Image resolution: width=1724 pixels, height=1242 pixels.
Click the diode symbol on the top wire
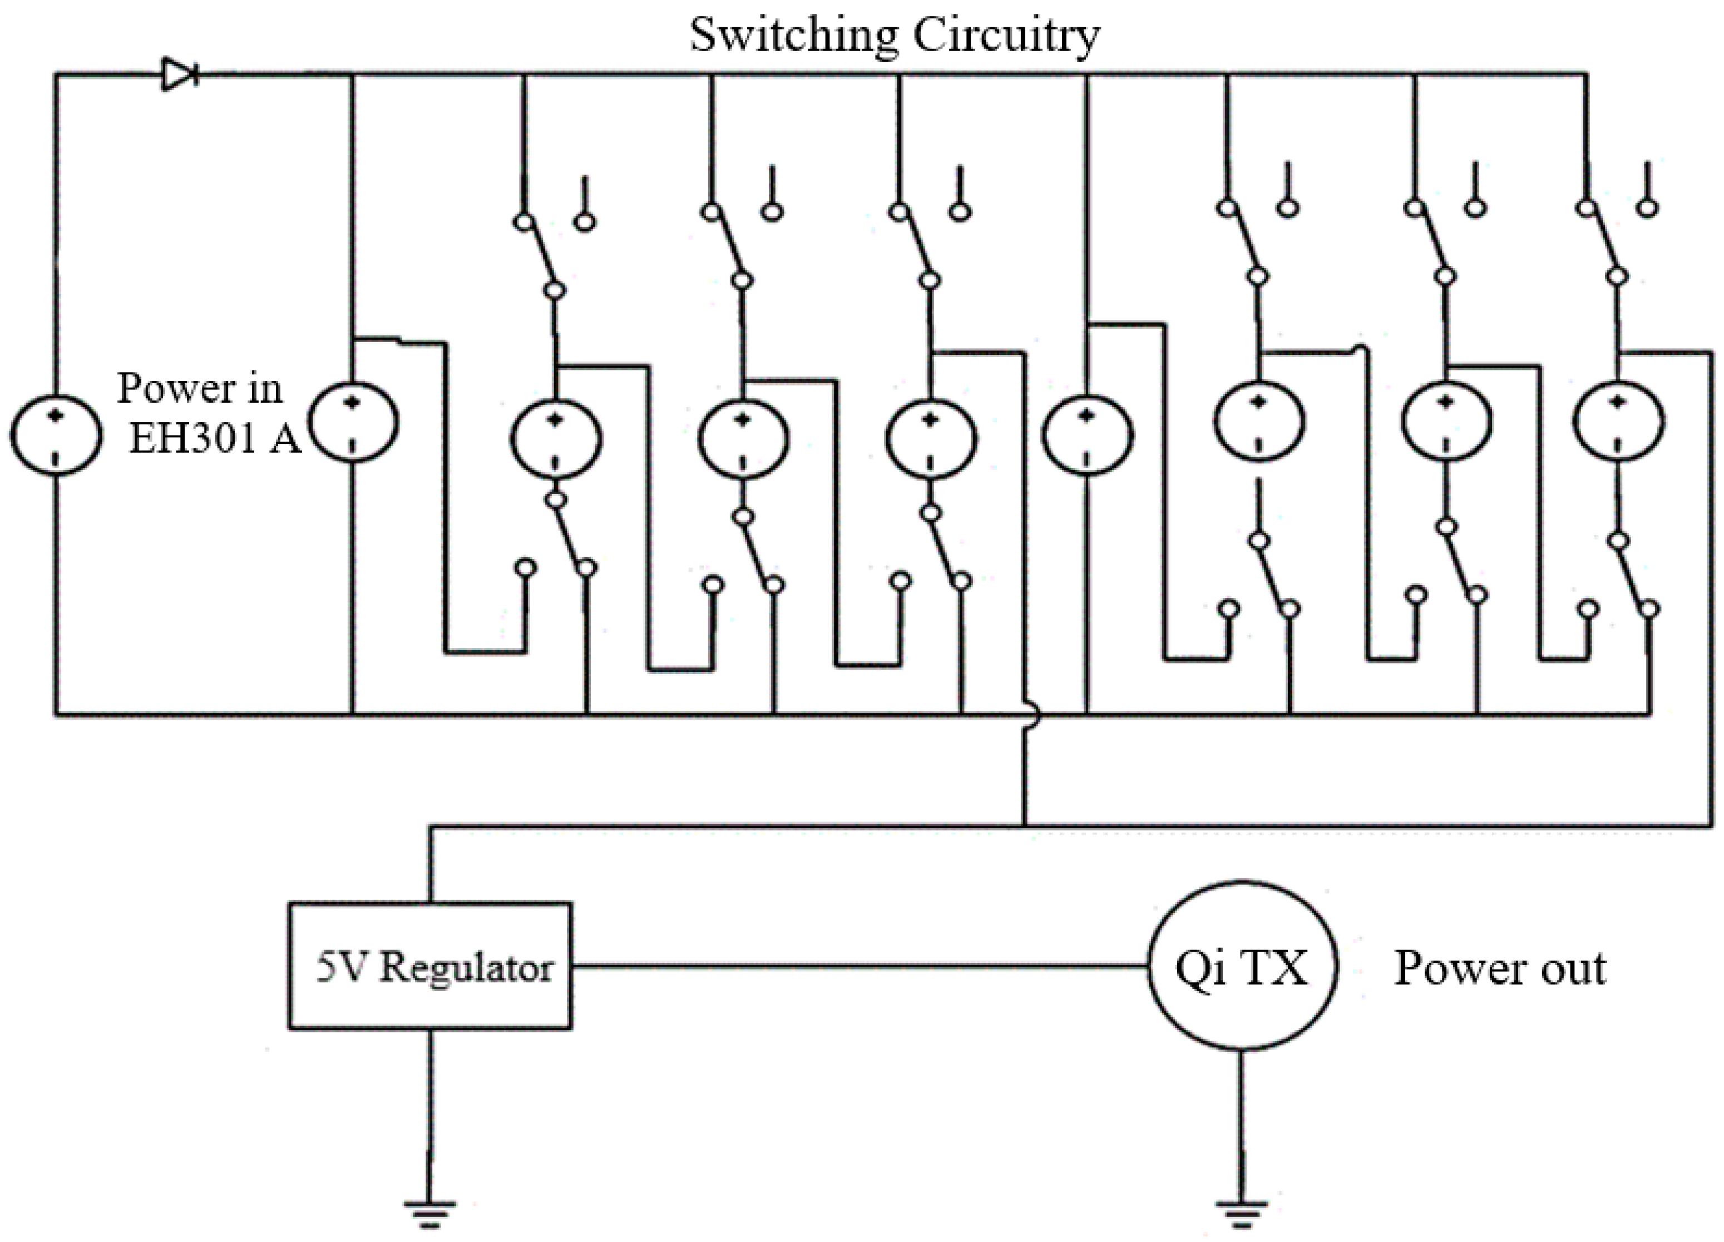pyautogui.click(x=179, y=75)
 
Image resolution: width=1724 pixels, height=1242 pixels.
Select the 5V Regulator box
pyautogui.click(x=429, y=966)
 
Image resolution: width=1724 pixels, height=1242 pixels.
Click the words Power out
pyautogui.click(x=1499, y=968)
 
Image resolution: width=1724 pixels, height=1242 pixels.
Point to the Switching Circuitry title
pyautogui.click(x=894, y=34)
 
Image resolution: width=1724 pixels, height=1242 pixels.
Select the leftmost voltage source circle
pyautogui.click(x=56, y=436)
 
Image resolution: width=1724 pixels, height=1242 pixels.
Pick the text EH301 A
pyautogui.click(x=214, y=439)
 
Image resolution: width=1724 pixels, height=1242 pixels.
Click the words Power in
pyautogui.click(x=199, y=388)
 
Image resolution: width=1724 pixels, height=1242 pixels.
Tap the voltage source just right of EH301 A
pyautogui.click(x=353, y=422)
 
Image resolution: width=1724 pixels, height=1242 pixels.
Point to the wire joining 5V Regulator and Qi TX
pyautogui.click(x=859, y=966)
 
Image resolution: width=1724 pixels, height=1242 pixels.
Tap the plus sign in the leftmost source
pyautogui.click(x=56, y=415)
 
